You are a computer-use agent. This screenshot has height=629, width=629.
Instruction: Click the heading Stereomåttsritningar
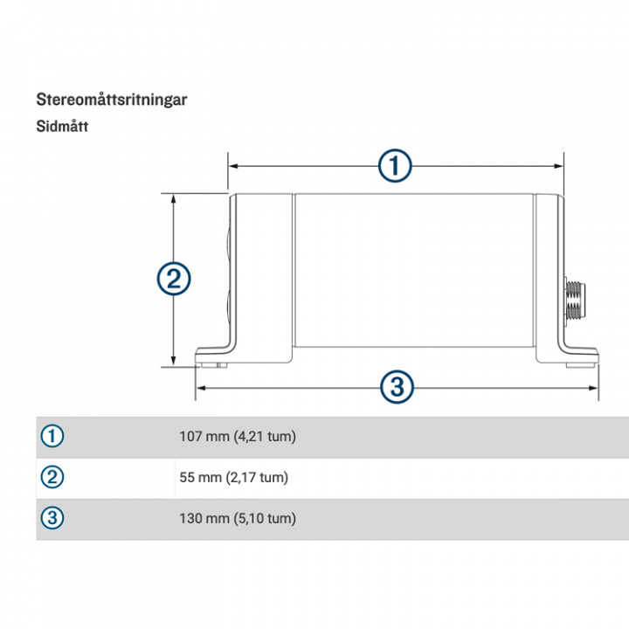[x=111, y=99]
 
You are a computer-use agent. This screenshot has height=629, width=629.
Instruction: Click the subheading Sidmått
[x=62, y=126]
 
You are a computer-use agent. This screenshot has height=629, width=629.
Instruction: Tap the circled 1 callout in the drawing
[x=395, y=165]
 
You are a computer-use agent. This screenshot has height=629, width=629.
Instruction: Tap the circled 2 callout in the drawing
[x=173, y=280]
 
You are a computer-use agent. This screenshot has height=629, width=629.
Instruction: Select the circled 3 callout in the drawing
[x=396, y=385]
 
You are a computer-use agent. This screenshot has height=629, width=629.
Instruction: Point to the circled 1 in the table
[x=53, y=436]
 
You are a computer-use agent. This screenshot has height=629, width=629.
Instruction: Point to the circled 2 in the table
[x=53, y=477]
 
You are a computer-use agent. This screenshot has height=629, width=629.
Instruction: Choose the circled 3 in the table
[x=53, y=518]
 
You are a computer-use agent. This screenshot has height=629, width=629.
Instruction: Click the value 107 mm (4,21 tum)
[x=238, y=436]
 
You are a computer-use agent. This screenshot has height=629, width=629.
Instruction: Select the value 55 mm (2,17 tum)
[x=233, y=477]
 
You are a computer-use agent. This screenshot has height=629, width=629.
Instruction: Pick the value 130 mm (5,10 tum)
[x=238, y=518]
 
